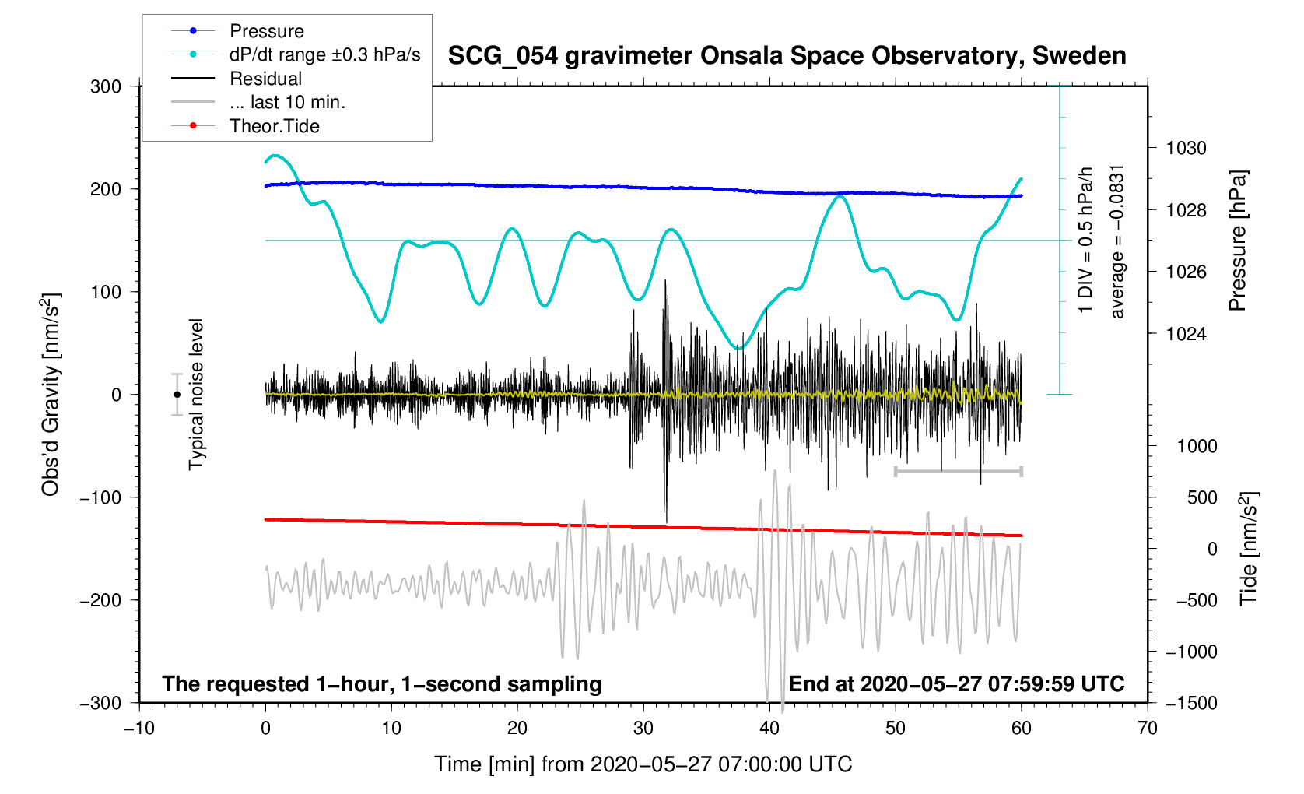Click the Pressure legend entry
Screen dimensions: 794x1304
pos(266,31)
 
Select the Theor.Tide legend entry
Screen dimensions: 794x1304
pos(274,126)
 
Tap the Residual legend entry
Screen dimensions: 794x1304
pos(265,79)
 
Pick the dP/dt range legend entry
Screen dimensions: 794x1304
pos(324,54)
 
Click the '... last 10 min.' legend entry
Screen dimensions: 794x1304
pos(287,102)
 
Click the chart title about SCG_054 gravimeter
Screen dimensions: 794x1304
pos(787,56)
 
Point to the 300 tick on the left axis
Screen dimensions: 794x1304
pos(106,86)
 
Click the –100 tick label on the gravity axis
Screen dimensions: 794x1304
pos(100,497)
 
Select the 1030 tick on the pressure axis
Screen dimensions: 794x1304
pos(1186,148)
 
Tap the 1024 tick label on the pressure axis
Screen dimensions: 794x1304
pos(1186,334)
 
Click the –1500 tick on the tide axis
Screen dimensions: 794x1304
pos(1191,703)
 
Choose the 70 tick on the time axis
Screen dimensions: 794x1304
pos(1147,729)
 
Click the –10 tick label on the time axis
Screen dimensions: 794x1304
pos(139,729)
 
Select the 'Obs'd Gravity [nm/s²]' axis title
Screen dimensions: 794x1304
pos(51,395)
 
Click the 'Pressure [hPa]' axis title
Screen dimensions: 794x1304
pos(1236,241)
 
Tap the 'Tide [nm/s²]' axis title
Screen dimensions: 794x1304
pos(1248,548)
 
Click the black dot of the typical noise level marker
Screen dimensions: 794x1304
pos(177,395)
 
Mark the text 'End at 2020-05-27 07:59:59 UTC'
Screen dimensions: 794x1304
pos(956,684)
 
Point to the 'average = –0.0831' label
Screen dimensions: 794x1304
pos(1117,241)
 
